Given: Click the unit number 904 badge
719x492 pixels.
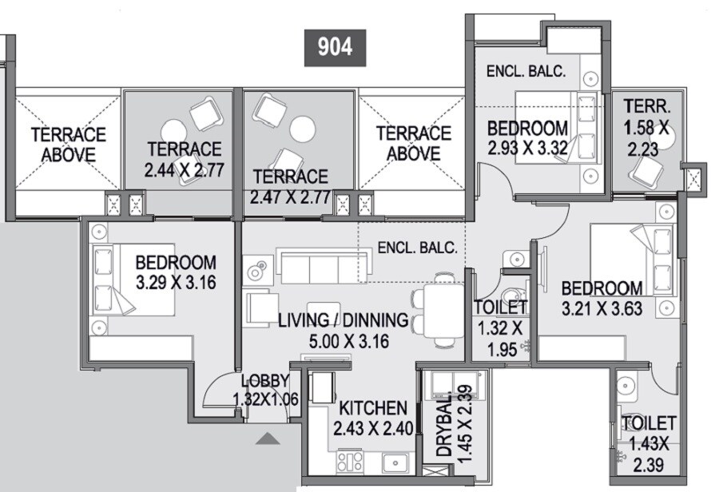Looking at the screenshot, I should (335, 46).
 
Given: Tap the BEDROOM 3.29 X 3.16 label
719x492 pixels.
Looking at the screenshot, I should (175, 272).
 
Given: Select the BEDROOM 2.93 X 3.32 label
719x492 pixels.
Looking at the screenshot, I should (527, 137).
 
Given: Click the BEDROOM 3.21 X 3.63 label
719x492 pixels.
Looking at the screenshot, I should (601, 298).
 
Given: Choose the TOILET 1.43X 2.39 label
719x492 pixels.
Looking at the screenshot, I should (648, 442).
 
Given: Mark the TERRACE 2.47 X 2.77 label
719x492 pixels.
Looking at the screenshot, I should (290, 187).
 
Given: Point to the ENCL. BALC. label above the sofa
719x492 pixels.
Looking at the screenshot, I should (417, 248).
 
